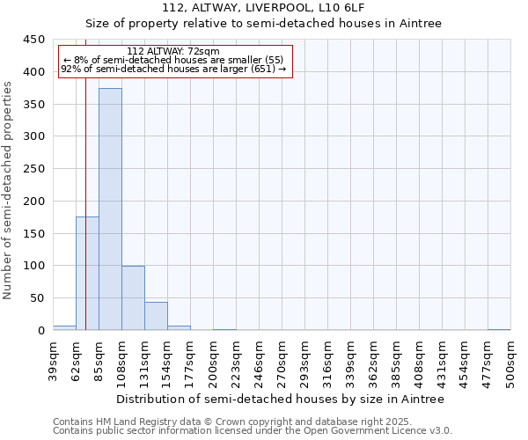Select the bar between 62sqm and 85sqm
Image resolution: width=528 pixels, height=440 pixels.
click(x=87, y=274)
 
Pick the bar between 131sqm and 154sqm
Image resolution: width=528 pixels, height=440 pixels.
click(x=156, y=316)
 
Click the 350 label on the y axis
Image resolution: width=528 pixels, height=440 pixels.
click(x=34, y=105)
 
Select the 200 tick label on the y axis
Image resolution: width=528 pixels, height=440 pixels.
click(x=34, y=202)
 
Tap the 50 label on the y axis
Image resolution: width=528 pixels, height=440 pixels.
click(x=38, y=298)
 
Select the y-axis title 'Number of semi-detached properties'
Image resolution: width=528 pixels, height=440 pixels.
click(x=8, y=190)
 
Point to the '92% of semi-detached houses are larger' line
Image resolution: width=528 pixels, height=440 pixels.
click(x=173, y=69)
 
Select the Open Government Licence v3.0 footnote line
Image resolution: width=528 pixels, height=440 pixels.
click(x=253, y=431)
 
